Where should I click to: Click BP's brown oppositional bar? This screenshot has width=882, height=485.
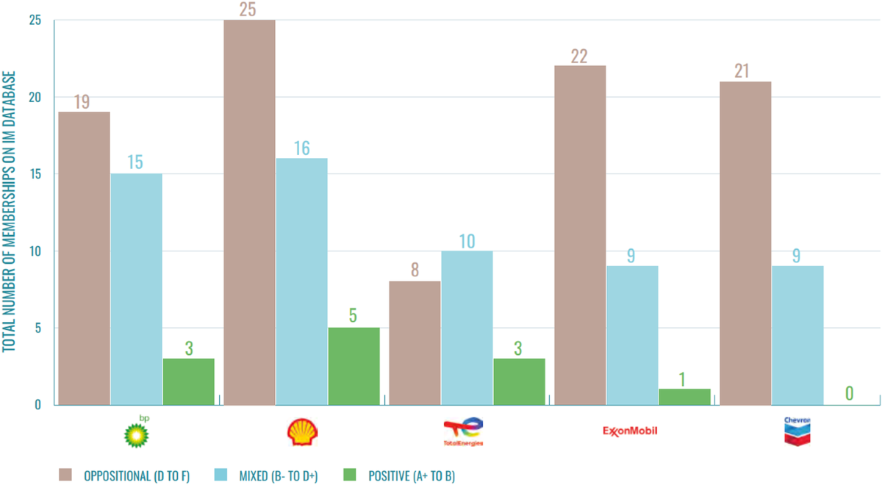[x=84, y=257]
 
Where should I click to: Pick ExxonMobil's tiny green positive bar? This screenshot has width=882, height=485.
[x=684, y=397]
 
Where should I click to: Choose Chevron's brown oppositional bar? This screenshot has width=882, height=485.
[x=745, y=242]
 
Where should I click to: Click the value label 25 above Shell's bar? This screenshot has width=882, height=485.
[x=249, y=9]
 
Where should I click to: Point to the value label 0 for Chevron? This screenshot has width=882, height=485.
[x=849, y=394]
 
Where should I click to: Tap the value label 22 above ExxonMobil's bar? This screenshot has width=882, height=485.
[x=579, y=56]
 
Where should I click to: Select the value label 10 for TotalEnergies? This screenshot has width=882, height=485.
[x=467, y=241]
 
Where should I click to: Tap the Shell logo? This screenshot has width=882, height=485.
[x=302, y=433]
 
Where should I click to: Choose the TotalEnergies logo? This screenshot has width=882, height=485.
[x=463, y=432]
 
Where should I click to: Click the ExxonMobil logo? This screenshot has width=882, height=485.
[x=628, y=430]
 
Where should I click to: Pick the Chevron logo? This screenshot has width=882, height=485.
[x=797, y=431]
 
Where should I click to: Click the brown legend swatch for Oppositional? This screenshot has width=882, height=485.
[x=66, y=475]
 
